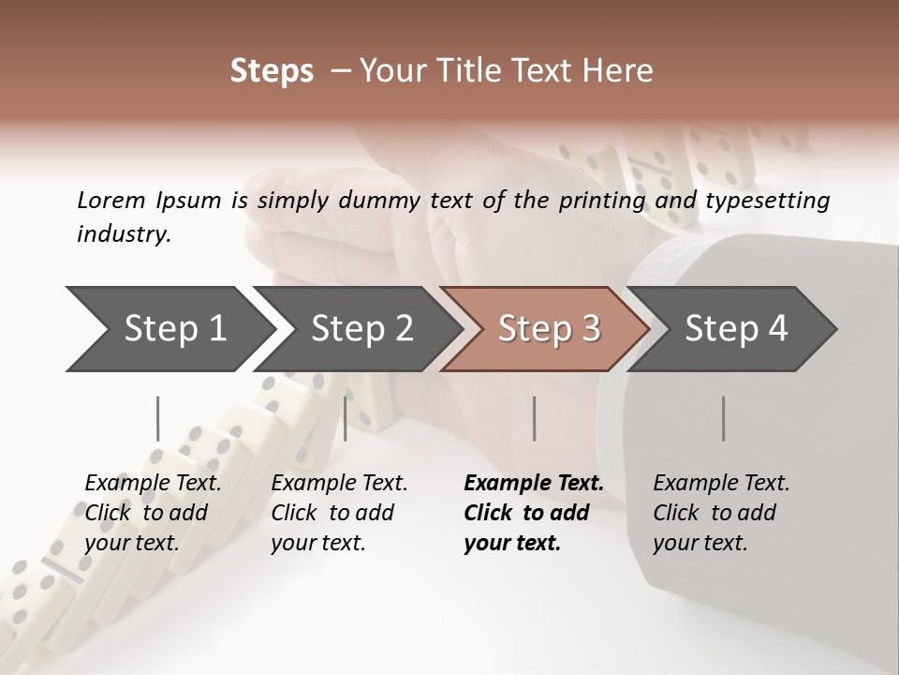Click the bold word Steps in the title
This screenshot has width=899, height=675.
(x=272, y=70)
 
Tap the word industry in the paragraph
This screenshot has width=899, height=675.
(x=124, y=234)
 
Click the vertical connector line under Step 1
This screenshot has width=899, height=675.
(x=158, y=418)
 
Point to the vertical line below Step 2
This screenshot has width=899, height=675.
(x=346, y=418)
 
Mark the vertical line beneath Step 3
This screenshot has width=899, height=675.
(x=535, y=418)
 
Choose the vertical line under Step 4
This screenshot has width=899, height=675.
(x=724, y=418)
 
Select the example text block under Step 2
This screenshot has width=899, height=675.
(x=339, y=513)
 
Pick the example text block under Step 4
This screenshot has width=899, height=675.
(x=721, y=513)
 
